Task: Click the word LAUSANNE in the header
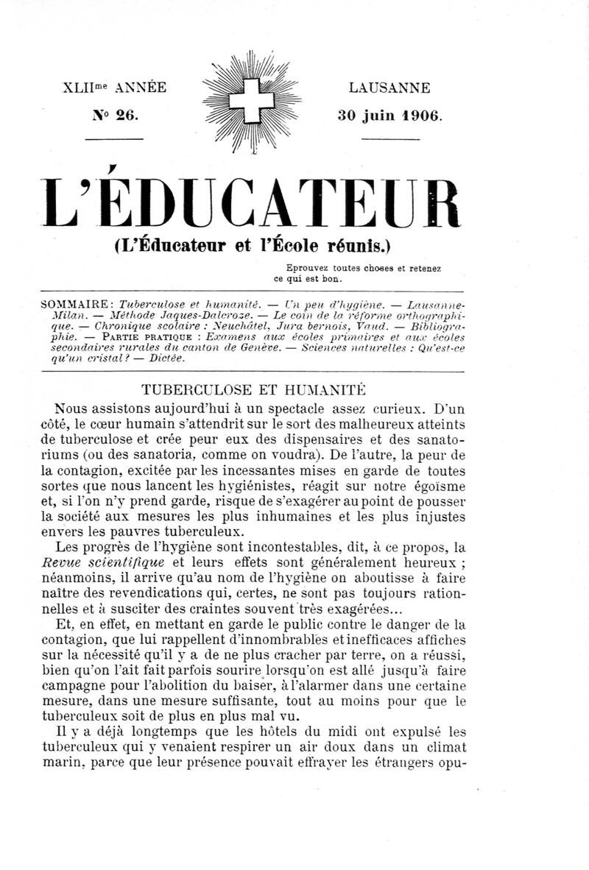389,88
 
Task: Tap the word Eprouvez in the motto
306,269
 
